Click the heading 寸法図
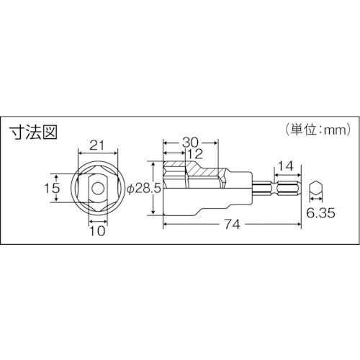[x=33, y=132]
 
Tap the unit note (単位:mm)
[x=318, y=130]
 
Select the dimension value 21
[x=98, y=145]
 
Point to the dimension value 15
[x=52, y=188]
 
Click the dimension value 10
[x=97, y=231]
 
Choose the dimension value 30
[x=190, y=143]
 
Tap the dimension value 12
[x=195, y=154]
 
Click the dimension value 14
[x=286, y=166]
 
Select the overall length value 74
[x=233, y=225]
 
